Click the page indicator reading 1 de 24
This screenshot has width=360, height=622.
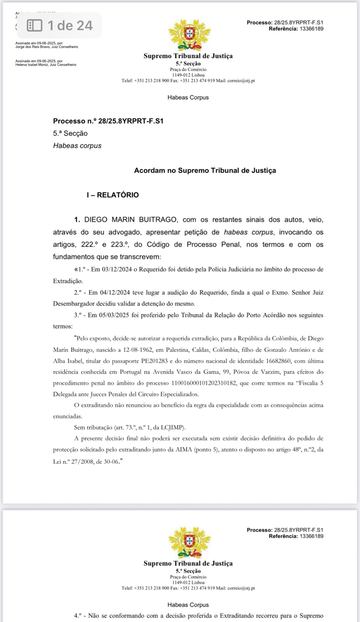[x=70, y=25]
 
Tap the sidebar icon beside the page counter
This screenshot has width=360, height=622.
[x=34, y=25]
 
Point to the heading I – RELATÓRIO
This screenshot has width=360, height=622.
[x=112, y=195]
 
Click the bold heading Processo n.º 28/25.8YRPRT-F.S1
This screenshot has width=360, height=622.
[x=108, y=121]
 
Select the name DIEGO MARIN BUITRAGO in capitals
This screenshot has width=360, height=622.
[x=131, y=220]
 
